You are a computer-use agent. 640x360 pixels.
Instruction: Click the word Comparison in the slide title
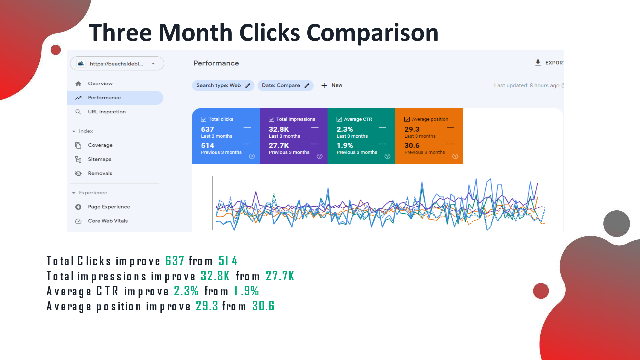click(372, 33)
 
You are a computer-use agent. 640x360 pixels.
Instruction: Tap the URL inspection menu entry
click(107, 112)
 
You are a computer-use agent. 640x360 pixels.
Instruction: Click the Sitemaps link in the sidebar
click(100, 159)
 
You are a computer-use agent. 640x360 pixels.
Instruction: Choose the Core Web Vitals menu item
click(108, 221)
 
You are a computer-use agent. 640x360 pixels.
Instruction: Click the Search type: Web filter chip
click(223, 85)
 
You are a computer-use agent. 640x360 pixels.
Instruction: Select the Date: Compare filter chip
click(285, 85)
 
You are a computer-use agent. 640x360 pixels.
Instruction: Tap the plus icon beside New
click(324, 86)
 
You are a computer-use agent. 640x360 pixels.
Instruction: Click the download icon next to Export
click(538, 63)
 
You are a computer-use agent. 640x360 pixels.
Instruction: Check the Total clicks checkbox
click(204, 119)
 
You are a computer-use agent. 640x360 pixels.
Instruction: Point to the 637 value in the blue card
click(207, 129)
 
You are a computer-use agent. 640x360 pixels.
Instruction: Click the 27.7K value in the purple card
click(279, 145)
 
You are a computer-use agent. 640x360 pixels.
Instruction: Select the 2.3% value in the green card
click(345, 129)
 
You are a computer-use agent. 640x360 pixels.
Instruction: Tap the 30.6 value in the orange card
click(412, 145)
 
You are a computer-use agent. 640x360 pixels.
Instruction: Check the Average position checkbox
click(407, 119)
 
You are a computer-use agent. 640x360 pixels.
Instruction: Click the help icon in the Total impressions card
click(320, 156)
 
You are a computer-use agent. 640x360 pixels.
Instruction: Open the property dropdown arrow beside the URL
click(153, 64)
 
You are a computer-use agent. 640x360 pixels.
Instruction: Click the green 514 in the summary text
click(228, 261)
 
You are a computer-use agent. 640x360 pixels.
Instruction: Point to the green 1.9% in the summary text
click(246, 291)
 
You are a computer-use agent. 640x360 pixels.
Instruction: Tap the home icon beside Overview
click(78, 84)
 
